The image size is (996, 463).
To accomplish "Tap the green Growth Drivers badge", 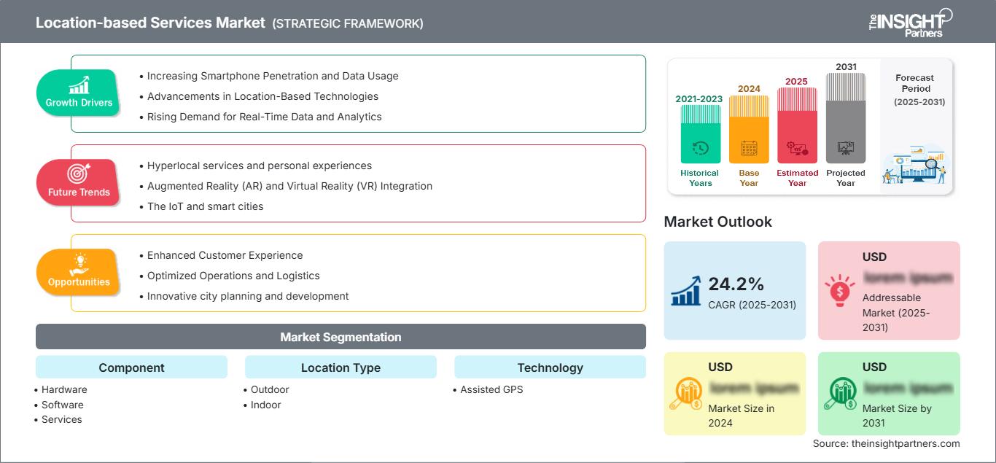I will click(78, 93).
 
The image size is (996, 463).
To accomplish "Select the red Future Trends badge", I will click(78, 182).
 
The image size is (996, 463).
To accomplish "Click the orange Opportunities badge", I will click(78, 272).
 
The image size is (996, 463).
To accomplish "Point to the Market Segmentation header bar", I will click(341, 337).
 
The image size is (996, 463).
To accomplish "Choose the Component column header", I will click(131, 367).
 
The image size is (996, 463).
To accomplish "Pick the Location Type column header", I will click(341, 367).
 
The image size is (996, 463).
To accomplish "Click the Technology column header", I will click(550, 367).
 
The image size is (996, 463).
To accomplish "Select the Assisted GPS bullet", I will click(491, 389).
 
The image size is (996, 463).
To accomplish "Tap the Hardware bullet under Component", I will click(64, 389).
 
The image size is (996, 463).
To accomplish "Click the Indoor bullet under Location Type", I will click(265, 405).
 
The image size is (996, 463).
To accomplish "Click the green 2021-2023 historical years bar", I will click(700, 133).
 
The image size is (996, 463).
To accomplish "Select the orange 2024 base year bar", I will click(749, 129).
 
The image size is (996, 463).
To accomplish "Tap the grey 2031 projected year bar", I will click(846, 117).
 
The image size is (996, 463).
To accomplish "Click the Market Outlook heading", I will click(717, 222).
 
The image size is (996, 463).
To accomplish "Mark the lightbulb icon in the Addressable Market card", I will click(839, 290).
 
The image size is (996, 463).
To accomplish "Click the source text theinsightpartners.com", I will click(887, 443).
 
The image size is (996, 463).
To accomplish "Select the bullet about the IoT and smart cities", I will click(205, 206).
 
